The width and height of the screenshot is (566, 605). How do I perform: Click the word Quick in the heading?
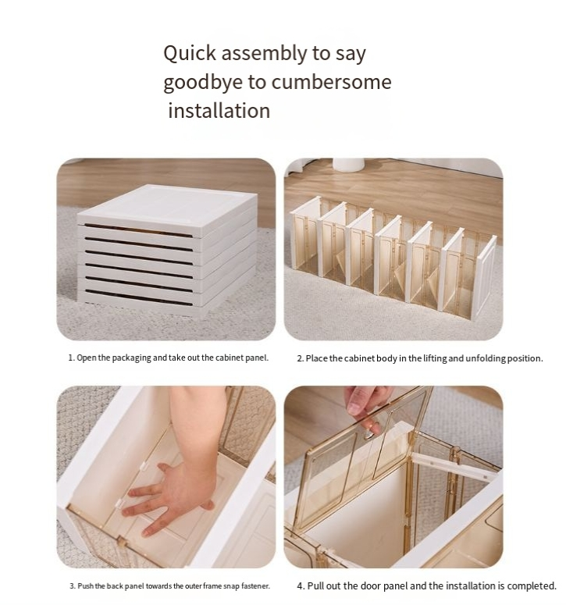click(190, 53)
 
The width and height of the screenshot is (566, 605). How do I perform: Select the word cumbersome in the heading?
click(331, 82)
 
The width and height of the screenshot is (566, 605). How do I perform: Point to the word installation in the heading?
click(219, 111)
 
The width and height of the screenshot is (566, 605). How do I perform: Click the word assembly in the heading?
click(264, 54)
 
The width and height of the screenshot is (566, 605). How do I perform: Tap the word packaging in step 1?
click(131, 358)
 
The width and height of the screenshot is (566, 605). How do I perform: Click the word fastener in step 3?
click(255, 586)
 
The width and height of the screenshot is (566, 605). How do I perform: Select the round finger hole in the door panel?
click(368, 434)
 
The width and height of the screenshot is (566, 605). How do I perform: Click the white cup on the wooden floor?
click(348, 165)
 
